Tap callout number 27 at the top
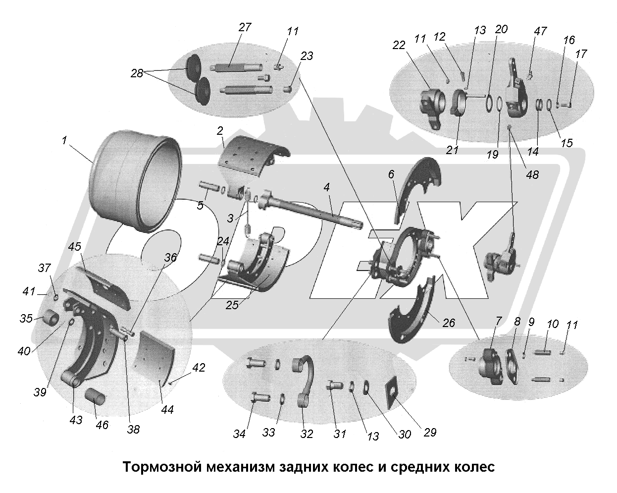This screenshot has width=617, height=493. coord(245,27)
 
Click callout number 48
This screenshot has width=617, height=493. coord(533,175)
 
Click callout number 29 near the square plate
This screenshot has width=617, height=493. coord(430,432)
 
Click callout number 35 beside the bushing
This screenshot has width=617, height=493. coord(25,318)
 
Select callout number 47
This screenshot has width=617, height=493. coord(540,31)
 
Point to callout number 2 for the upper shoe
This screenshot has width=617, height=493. coord(220,131)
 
